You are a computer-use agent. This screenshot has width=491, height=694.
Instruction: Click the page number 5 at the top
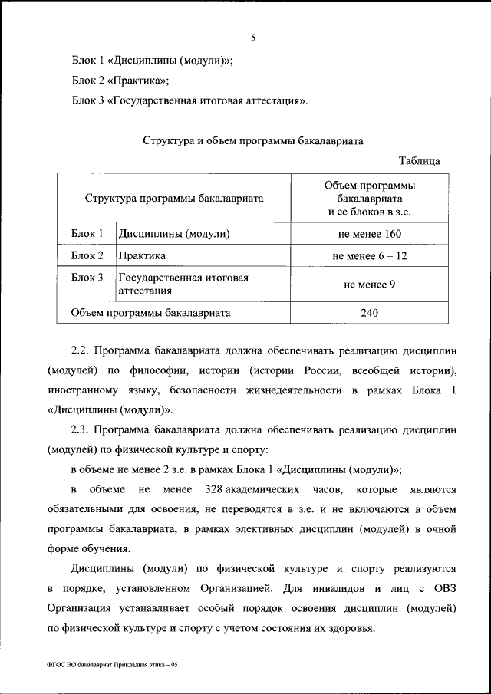(x=252, y=38)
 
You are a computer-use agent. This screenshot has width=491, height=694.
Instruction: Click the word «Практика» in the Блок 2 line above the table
(x=139, y=79)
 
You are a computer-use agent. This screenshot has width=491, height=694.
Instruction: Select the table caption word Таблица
(x=420, y=161)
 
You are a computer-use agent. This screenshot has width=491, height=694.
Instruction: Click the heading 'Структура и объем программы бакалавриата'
(x=254, y=140)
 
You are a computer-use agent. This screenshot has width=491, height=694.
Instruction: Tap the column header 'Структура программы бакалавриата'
(x=174, y=198)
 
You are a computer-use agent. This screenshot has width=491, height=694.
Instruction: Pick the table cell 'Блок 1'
(x=87, y=233)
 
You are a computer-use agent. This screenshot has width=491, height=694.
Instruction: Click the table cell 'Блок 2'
(x=87, y=255)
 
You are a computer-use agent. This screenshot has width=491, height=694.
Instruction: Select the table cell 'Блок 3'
(x=87, y=278)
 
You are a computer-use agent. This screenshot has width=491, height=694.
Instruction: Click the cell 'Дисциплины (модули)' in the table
(x=174, y=233)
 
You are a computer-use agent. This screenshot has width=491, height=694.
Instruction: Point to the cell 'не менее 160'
(x=370, y=234)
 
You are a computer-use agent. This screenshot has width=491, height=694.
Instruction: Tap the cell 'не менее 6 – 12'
(x=370, y=256)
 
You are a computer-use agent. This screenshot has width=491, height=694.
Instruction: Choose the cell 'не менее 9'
(x=370, y=285)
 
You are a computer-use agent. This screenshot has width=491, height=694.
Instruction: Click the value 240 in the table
(x=370, y=313)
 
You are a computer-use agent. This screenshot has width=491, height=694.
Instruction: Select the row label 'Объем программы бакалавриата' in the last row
(x=151, y=313)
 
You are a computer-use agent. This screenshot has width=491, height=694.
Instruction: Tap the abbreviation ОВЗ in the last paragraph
(x=442, y=589)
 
